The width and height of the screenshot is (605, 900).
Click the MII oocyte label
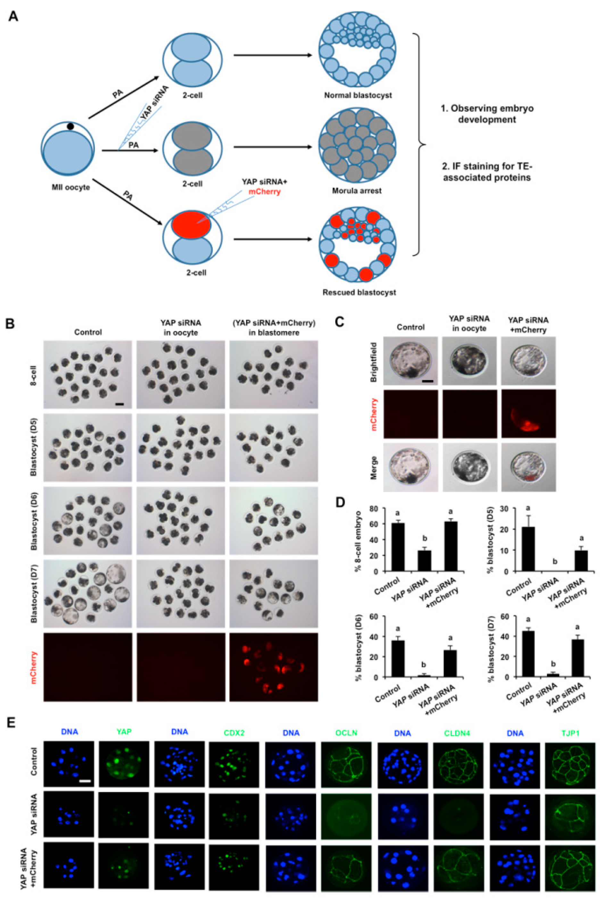70,187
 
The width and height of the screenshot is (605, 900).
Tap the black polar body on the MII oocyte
70,126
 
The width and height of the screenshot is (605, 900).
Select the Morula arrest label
357,191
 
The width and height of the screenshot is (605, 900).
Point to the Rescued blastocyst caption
359,292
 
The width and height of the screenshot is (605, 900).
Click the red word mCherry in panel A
264,191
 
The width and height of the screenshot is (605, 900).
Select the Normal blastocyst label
358,95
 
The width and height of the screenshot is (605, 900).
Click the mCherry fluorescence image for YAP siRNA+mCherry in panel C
528,413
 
